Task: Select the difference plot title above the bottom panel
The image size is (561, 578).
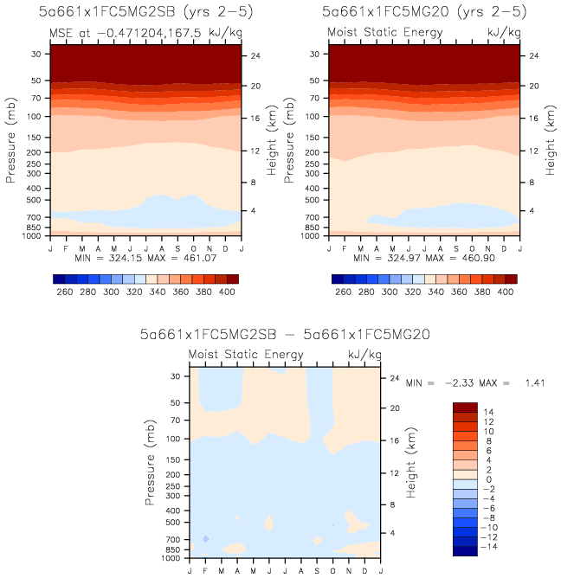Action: tap(286, 334)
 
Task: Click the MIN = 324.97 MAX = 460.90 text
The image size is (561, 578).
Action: tap(424, 259)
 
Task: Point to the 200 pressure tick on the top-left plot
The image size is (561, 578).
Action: tap(37, 152)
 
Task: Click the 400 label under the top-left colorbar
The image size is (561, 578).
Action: tap(226, 292)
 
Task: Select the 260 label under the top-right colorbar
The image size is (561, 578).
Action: tap(343, 292)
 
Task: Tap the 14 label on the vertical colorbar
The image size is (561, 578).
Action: tap(489, 411)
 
